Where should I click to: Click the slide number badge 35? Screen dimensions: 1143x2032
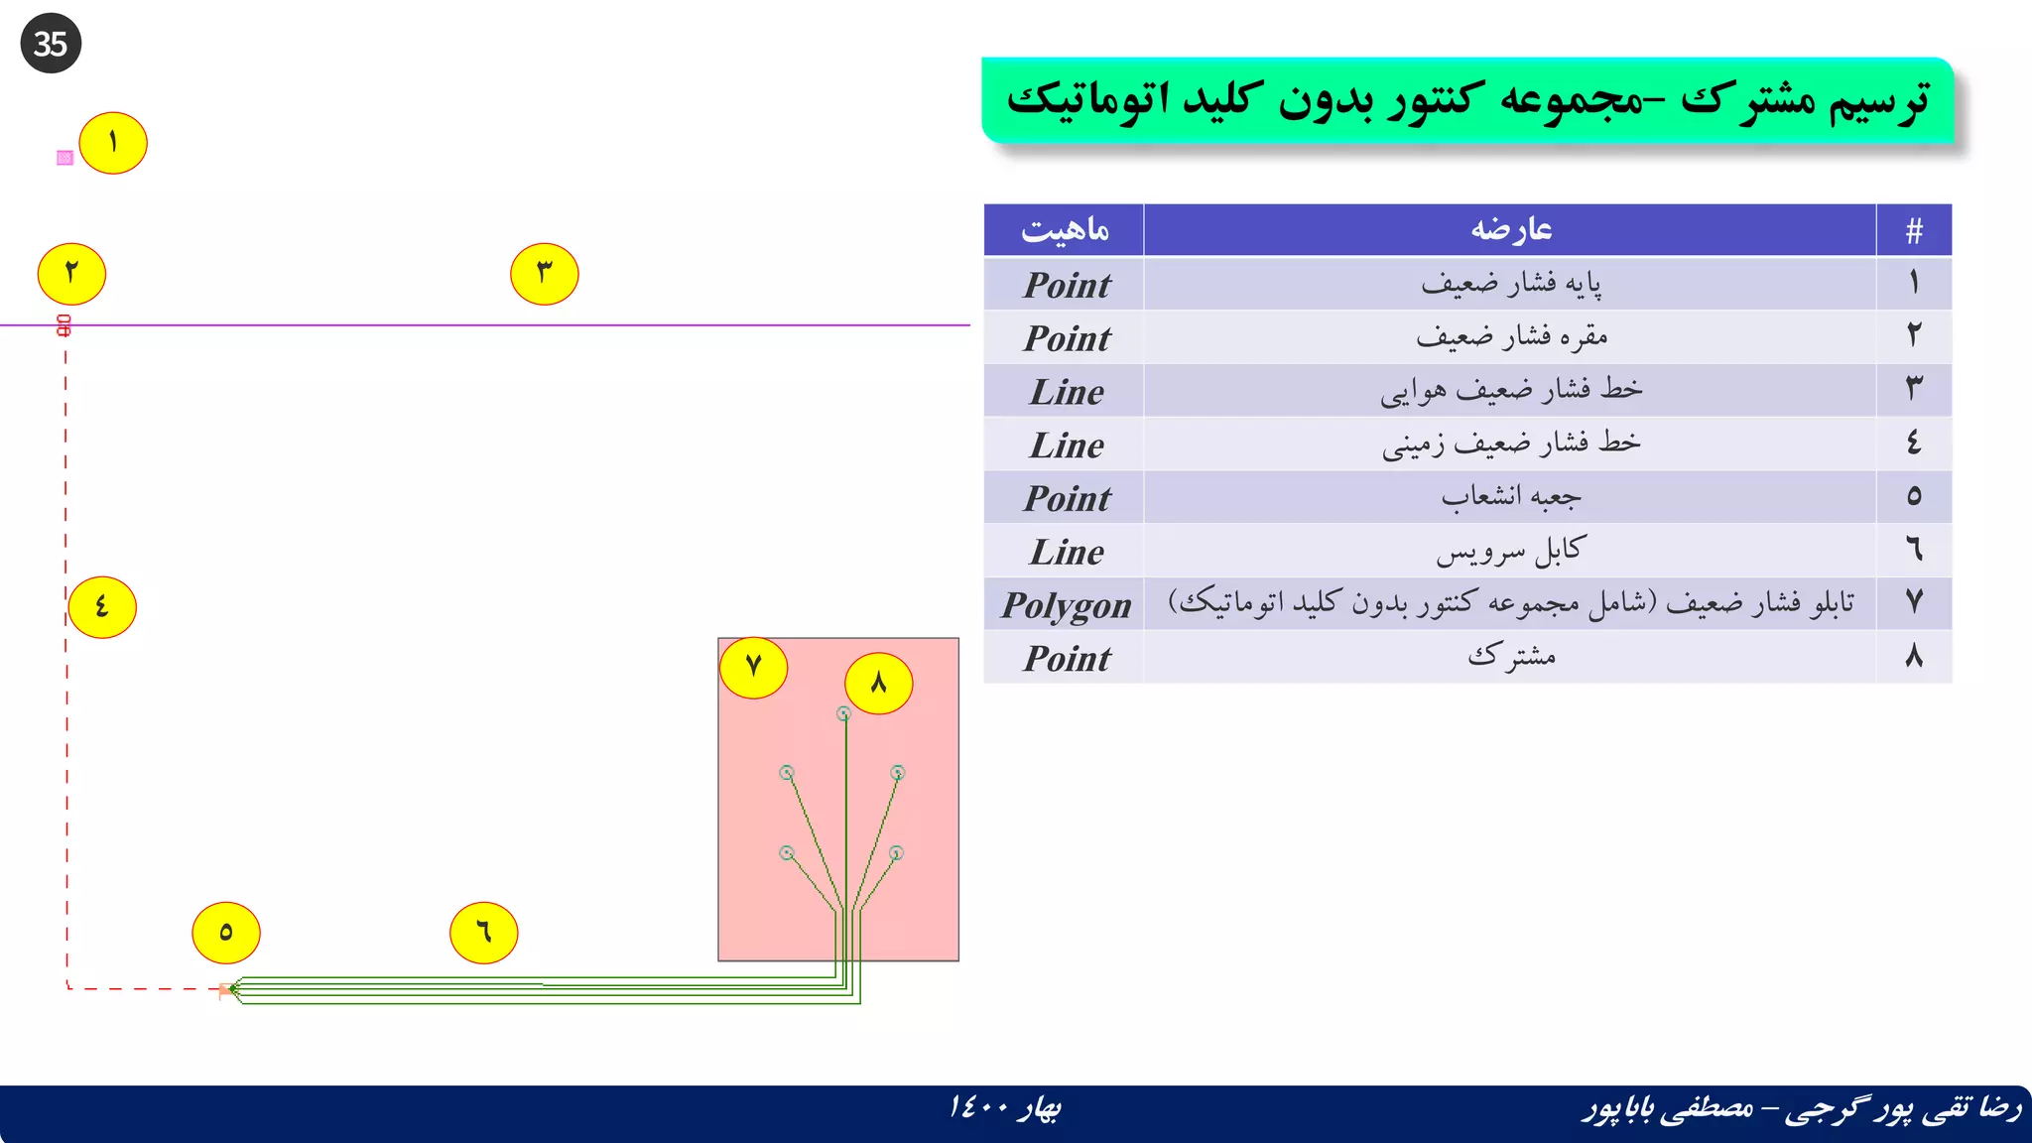pyautogui.click(x=51, y=44)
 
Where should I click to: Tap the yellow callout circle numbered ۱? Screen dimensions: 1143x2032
pyautogui.click(x=113, y=143)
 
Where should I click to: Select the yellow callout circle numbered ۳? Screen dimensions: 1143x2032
pyautogui.click(x=544, y=274)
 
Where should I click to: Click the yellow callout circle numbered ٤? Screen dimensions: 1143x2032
pyautogui.click(x=102, y=606)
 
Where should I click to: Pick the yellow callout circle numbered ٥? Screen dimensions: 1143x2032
pyautogui.click(x=226, y=933)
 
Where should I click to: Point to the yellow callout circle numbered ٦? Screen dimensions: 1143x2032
pyautogui.click(x=484, y=933)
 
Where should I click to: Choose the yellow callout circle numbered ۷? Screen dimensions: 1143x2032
pyautogui.click(x=753, y=667)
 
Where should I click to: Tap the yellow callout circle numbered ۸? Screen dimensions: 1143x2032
pyautogui.click(x=878, y=684)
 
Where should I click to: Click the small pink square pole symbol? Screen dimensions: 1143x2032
pyautogui.click(x=65, y=158)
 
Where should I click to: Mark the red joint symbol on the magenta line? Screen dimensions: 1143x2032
pyautogui.click(x=64, y=325)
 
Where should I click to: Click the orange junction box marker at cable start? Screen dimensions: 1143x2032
pyautogui.click(x=225, y=989)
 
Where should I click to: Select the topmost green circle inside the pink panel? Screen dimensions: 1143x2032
pyautogui.click(x=843, y=713)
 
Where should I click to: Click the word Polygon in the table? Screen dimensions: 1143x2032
pyautogui.click(x=1066, y=605)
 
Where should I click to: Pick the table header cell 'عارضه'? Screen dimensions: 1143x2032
pyautogui.click(x=1510, y=230)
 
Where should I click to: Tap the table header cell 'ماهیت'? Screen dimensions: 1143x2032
pyautogui.click(x=1065, y=230)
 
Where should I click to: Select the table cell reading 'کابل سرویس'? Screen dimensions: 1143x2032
pyautogui.click(x=1510, y=552)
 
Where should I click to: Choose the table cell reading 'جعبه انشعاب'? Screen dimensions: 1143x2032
pyautogui.click(x=1510, y=497)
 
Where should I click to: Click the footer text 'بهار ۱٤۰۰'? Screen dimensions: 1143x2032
pyautogui.click(x=1004, y=1107)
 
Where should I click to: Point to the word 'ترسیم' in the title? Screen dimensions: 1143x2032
pyautogui.click(x=1879, y=101)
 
